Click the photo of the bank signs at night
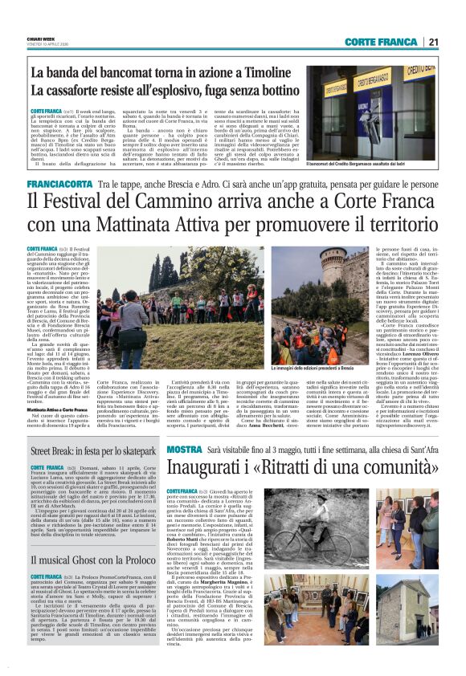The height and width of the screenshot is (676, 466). (x=370, y=112)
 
